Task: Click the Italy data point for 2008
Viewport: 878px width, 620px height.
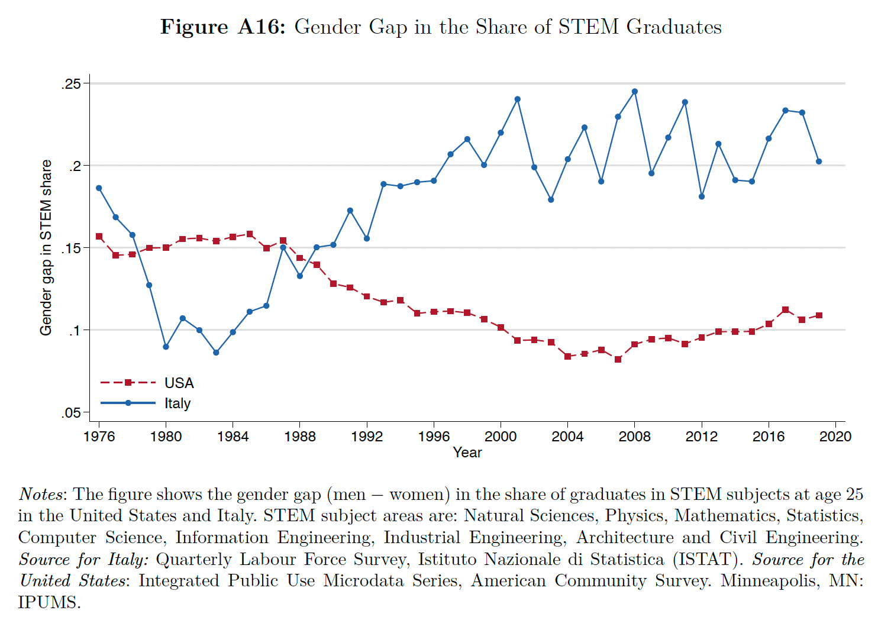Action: pos(634,92)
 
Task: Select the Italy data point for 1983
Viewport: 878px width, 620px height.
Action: pos(216,353)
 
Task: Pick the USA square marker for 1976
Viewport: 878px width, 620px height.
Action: pos(99,237)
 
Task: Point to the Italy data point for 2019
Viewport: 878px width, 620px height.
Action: pos(819,162)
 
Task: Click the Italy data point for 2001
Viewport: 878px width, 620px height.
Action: pos(517,99)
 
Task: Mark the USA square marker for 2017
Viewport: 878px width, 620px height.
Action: pos(785,310)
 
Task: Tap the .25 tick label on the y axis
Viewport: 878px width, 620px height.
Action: pos(71,84)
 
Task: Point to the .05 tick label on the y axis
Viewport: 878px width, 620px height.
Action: pos(71,413)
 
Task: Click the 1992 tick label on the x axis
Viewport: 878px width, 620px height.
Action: pos(367,437)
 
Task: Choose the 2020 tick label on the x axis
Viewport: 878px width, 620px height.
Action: pos(835,437)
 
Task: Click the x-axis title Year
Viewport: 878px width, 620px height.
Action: pos(467,453)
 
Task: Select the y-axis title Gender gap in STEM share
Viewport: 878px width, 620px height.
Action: pos(46,247)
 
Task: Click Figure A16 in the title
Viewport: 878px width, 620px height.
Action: pos(222,27)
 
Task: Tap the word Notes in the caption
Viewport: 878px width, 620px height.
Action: pos(41,494)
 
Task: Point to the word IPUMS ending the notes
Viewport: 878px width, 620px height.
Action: pos(49,603)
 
